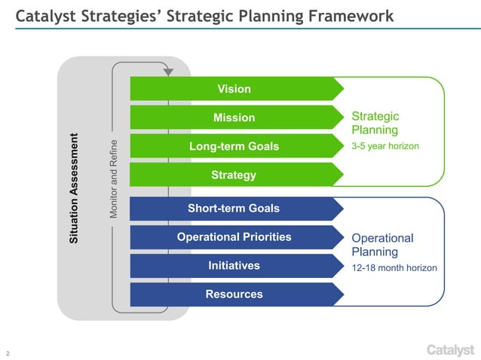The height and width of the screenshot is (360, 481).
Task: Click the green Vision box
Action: [234, 89]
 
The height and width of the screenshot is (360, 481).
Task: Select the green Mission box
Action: [234, 117]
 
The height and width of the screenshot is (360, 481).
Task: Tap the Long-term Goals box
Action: [234, 146]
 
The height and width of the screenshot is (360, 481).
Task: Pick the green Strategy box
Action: [234, 175]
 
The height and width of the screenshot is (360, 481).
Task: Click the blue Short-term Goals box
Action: [234, 209]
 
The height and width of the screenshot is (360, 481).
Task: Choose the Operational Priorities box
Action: [234, 237]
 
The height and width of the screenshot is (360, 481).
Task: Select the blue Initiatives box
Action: [234, 266]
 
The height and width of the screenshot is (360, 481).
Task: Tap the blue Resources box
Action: [234, 294]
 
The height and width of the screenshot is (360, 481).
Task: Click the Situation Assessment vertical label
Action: [74, 188]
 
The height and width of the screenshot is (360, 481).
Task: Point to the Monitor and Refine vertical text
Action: [113, 179]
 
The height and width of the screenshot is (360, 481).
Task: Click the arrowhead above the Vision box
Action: [168, 72]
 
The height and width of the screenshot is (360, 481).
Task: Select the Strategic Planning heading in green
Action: [375, 123]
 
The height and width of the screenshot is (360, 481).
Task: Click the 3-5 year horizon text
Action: [384, 145]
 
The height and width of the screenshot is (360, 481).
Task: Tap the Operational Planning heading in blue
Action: [382, 245]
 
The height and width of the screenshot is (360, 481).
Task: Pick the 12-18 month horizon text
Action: [394, 267]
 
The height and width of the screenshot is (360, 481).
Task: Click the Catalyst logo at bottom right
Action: [450, 349]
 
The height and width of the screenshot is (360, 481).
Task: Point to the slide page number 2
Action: [8, 352]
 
